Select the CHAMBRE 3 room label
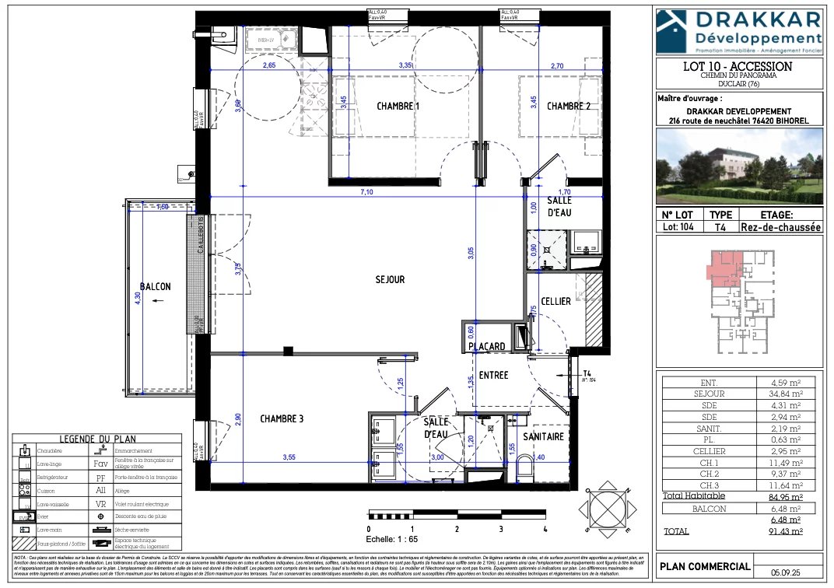pyautogui.click(x=282, y=419)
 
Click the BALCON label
pyautogui.click(x=156, y=286)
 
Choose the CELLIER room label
pyautogui.click(x=555, y=301)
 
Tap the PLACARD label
pyautogui.click(x=487, y=346)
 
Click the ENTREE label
pyautogui.click(x=493, y=375)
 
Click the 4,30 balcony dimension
pyautogui.click(x=138, y=296)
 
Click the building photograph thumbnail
pyautogui.click(x=739, y=163)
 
